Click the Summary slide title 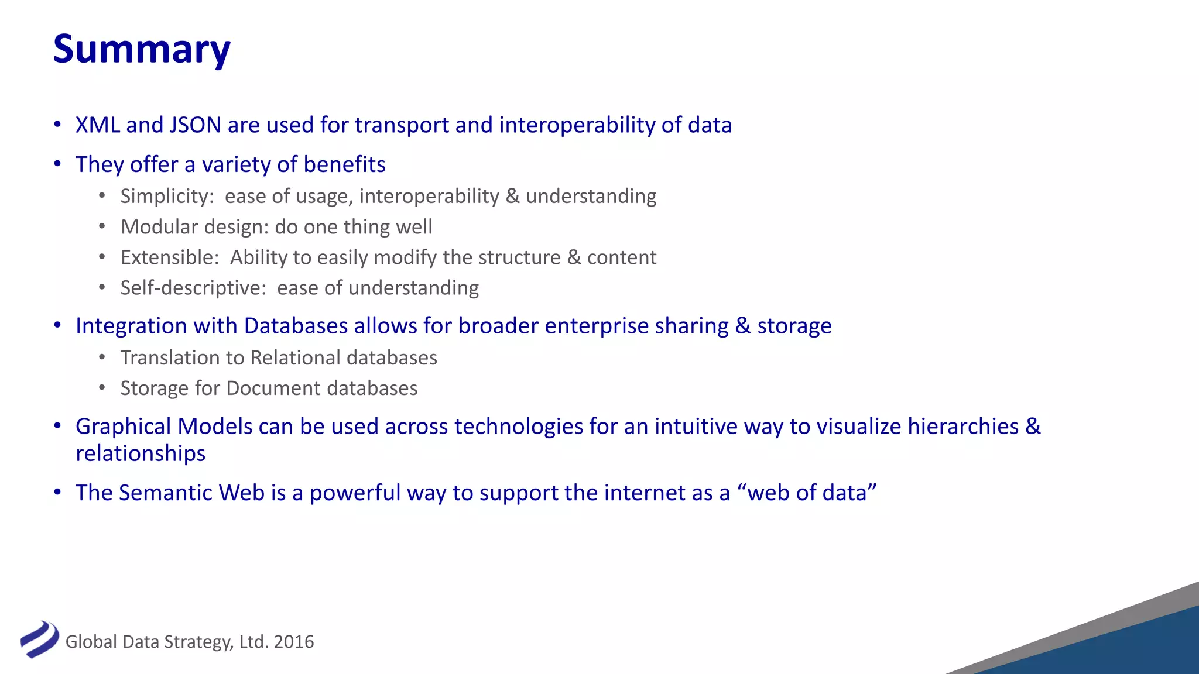click(x=142, y=49)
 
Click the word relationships click(x=141, y=453)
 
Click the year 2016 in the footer click(x=294, y=642)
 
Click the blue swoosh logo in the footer click(x=39, y=639)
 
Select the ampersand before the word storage click(x=743, y=326)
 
